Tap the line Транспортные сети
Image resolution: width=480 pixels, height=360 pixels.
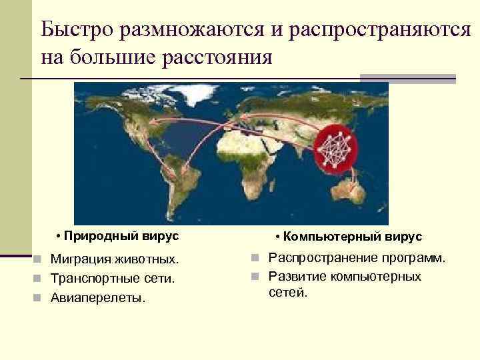pos(113,278)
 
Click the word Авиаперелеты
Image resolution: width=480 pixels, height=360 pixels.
pos(97,298)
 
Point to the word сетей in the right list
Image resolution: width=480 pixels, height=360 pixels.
pos(288,291)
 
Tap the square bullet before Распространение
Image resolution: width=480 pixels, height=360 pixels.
pos(255,258)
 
